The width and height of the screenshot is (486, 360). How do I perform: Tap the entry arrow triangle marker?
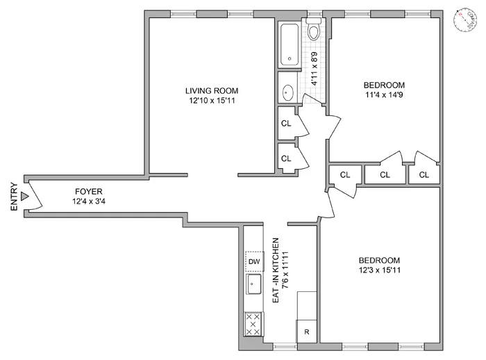(25, 197)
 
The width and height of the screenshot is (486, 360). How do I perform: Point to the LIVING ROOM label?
(212, 90)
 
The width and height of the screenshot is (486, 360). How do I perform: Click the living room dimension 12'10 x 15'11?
(212, 101)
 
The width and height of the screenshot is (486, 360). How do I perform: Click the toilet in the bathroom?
(313, 31)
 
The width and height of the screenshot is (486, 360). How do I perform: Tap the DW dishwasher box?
(254, 261)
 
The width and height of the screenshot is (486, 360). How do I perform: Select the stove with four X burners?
(254, 324)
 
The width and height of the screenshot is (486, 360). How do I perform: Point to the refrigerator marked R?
(306, 332)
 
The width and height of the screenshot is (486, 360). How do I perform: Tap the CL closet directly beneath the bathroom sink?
(286, 123)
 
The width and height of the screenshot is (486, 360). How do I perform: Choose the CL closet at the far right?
(424, 174)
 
